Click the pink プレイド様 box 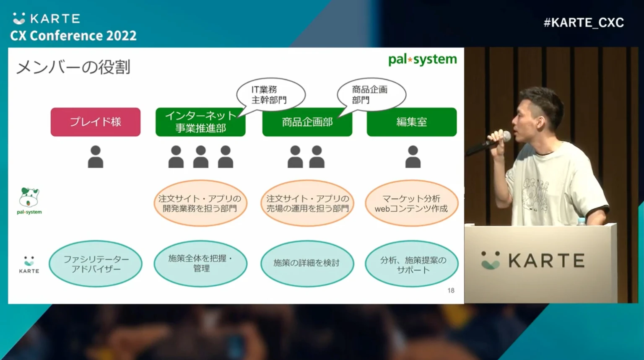coord(96,122)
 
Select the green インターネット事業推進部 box coord(200,122)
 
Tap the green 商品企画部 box coord(307,122)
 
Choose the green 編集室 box coord(411,122)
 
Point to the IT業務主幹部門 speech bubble coord(270,94)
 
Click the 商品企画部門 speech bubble coord(371,94)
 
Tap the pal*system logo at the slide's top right coord(422,60)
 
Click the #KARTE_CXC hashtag coord(584,23)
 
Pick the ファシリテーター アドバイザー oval coord(96,264)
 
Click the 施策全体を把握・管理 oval coord(200,264)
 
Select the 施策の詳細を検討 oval coord(307,263)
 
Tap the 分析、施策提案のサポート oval coord(411,264)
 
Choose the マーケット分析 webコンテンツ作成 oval coord(411,203)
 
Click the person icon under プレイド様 coord(96,157)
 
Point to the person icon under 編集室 coord(413,157)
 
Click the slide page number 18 coord(451,290)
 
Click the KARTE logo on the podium coord(532,260)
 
